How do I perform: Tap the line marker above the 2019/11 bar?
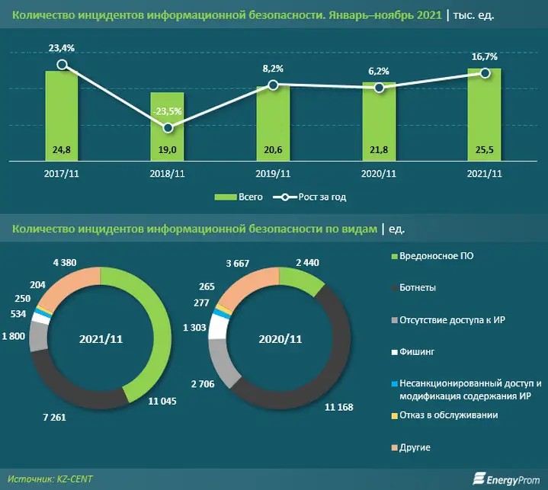pyautogui.click(x=273, y=85)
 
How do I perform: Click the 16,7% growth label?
pyautogui.click(x=483, y=56)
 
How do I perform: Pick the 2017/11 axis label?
pyautogui.click(x=61, y=173)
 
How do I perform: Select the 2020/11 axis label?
pyautogui.click(x=378, y=173)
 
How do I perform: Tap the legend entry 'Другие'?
pyautogui.click(x=415, y=447)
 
